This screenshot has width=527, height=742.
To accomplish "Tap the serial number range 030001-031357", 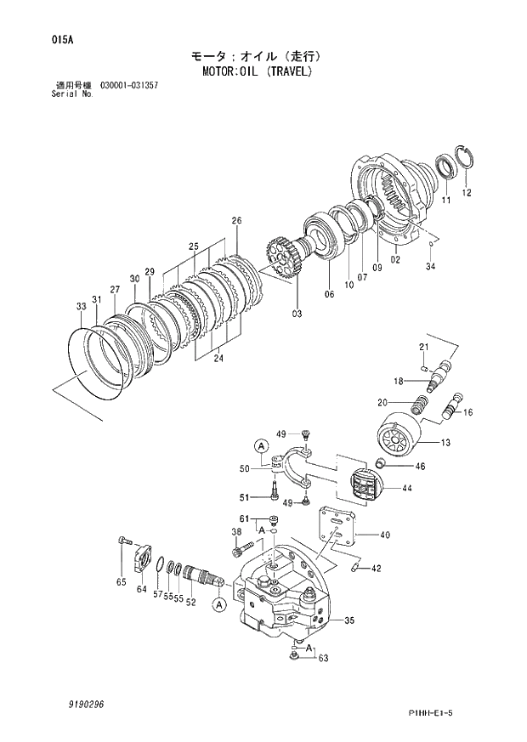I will (128, 86).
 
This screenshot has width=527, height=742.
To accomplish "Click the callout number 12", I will (466, 193).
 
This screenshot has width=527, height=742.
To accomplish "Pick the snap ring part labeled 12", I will (465, 158).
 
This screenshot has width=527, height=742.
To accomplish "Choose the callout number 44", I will (407, 488).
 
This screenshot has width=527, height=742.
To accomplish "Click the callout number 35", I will (348, 621).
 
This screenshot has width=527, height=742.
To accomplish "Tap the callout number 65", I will (122, 582).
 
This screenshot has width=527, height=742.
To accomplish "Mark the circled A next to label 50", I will (261, 445).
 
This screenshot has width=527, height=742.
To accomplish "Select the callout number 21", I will (423, 346).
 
